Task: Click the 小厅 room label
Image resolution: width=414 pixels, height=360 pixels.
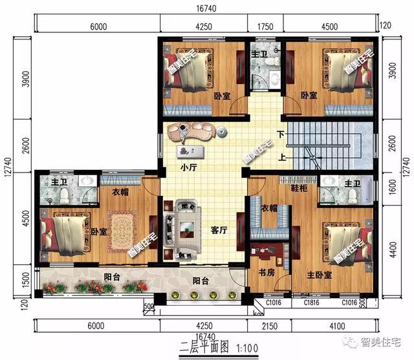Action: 188,167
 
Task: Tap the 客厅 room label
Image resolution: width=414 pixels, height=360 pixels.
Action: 219,229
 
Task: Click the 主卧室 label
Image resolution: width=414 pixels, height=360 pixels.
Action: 319,275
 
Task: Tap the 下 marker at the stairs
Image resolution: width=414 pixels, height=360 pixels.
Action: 279,134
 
